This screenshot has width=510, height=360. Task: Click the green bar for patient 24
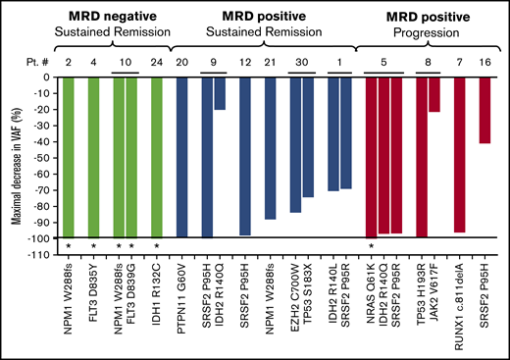coord(157,157)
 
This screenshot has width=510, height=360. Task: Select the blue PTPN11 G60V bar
coord(181,157)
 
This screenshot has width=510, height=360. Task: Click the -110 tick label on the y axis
coord(38,252)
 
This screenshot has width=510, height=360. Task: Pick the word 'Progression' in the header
coord(430,32)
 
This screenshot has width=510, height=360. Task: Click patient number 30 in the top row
coord(302,61)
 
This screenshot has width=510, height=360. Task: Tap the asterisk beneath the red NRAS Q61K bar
coord(371,244)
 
